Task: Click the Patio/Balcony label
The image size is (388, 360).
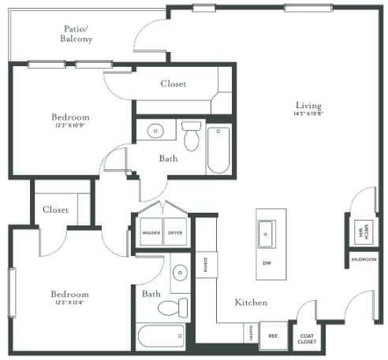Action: coord(79,34)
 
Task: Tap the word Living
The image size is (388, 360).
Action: coord(309,106)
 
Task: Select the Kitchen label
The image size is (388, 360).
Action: coord(250,302)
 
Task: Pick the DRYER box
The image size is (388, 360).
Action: coord(175,232)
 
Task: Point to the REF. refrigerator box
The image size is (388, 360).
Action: coord(274,335)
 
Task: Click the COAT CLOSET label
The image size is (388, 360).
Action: coord(307,336)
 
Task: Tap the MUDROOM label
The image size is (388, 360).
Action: coord(363,259)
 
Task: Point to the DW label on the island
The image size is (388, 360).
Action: coord(267,263)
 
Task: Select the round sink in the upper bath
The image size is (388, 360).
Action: coord(155,131)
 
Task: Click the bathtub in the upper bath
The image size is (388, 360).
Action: coord(218,149)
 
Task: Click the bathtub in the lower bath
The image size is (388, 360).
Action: coord(161,337)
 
